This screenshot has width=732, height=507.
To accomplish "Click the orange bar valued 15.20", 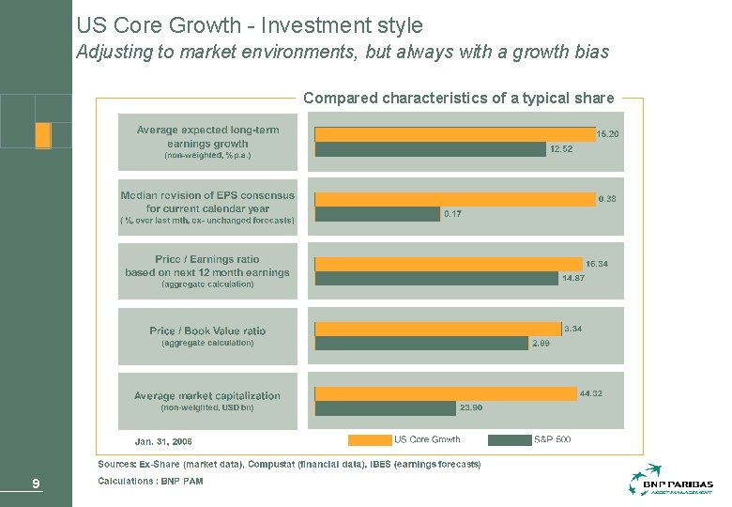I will coord(455,134).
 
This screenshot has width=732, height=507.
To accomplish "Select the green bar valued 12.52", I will coord(430,148).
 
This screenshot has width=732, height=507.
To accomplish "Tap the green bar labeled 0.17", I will coord(377,214).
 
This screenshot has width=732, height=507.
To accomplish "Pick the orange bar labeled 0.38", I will coord(455,199).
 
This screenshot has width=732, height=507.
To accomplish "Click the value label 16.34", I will coord(597,264).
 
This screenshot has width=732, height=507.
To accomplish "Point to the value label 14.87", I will coord(573,278).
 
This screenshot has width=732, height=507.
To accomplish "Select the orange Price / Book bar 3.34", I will coord(438,329).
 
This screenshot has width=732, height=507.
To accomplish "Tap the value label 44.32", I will coord(591,392).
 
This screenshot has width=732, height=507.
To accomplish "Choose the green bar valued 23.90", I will coord(385,408).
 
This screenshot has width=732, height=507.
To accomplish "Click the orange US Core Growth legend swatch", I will coord(369,439).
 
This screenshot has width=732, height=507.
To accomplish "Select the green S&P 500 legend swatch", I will coord(510,439).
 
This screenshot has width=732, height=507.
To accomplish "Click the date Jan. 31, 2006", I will coord(163,440).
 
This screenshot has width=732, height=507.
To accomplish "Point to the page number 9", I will coord(35,484).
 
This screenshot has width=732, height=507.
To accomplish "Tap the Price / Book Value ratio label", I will coord(207,330).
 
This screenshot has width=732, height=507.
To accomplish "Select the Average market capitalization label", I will coord(207,396).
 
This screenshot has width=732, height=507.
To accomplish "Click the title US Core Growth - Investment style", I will coord(250,25).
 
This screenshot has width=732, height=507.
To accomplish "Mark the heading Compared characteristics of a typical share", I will coord(459,98).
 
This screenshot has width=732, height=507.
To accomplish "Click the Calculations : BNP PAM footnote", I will coord(150,481).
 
